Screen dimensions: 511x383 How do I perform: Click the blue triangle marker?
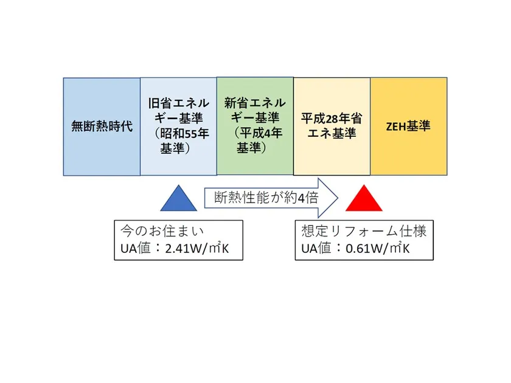(179, 200)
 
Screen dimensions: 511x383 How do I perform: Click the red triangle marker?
(364, 200)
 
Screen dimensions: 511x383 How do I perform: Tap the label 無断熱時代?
(102, 126)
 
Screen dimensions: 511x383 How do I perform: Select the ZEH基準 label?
(408, 126)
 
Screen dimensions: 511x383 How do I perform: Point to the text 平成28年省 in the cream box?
(332, 119)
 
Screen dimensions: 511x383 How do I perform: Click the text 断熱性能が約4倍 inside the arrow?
(266, 198)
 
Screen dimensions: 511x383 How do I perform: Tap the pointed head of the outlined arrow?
(338, 198)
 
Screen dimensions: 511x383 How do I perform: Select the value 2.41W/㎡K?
(197, 248)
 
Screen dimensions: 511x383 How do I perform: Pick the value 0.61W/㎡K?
(378, 248)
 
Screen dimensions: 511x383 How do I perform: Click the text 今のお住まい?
(162, 231)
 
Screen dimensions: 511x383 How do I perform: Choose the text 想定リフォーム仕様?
(364, 231)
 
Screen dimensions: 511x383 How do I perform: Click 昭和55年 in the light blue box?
(184, 134)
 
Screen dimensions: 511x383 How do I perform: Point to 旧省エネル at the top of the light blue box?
(179, 103)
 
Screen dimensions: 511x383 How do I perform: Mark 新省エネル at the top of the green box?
(255, 103)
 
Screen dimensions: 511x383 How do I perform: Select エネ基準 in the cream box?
(332, 134)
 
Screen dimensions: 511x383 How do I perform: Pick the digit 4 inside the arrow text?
(301, 198)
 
